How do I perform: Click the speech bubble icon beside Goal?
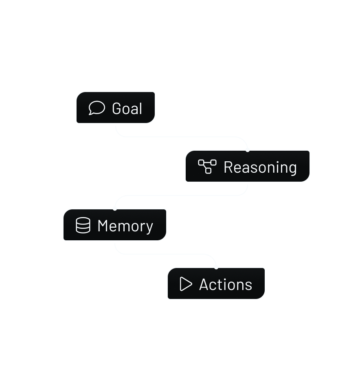tap(97, 108)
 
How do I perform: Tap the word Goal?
tap(127, 109)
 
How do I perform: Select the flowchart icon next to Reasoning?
tap(207, 166)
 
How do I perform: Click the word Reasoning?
tap(260, 167)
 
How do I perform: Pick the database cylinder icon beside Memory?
tap(83, 225)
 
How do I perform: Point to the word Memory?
tap(125, 226)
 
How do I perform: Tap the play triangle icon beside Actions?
tap(186, 284)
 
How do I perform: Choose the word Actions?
tap(226, 285)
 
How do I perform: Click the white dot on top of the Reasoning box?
tap(248, 150)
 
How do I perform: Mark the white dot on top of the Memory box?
tap(115, 209)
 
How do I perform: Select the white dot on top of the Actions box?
tap(216, 267)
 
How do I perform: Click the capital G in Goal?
tap(117, 109)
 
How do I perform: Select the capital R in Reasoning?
tap(228, 167)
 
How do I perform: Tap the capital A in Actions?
tap(204, 285)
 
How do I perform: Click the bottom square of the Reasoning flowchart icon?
tap(208, 171)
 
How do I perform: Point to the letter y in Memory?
tap(149, 228)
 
